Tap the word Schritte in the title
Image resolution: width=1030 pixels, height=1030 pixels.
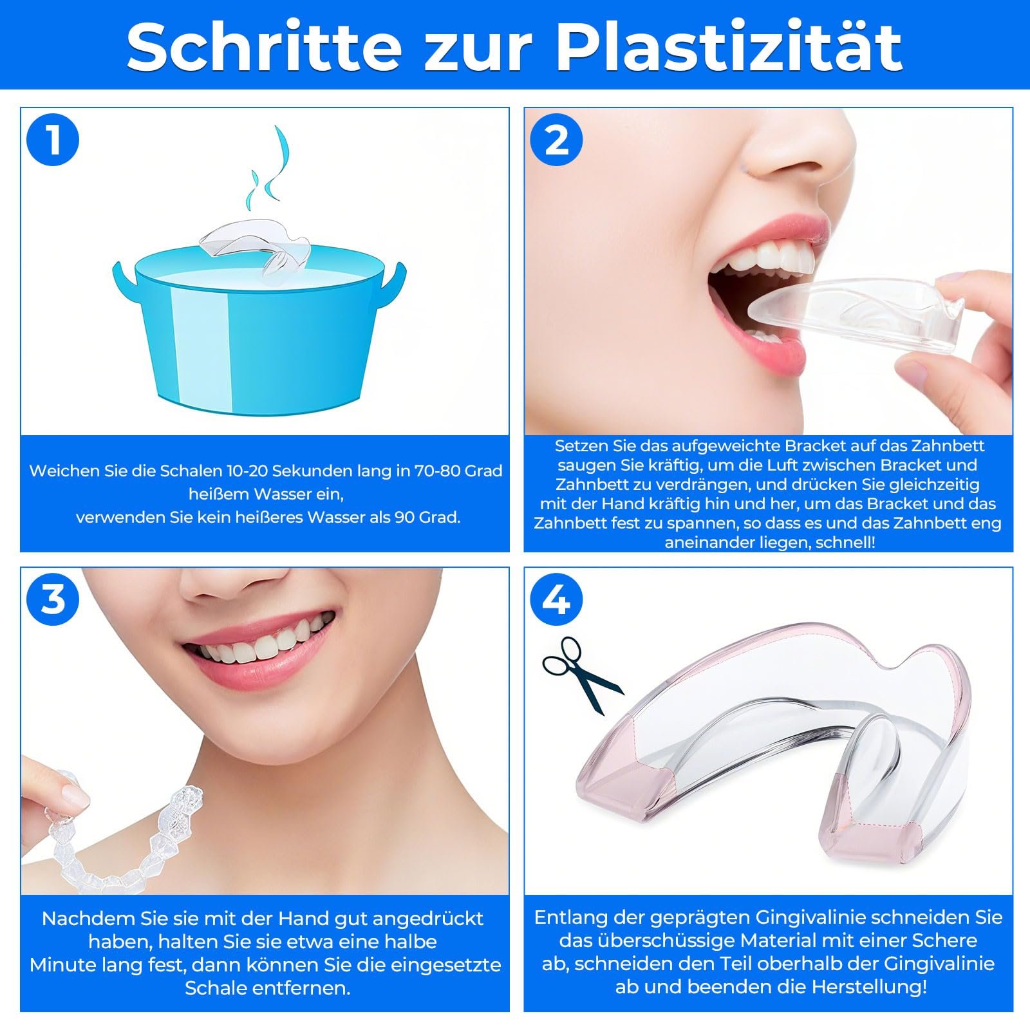tap(264, 46)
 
